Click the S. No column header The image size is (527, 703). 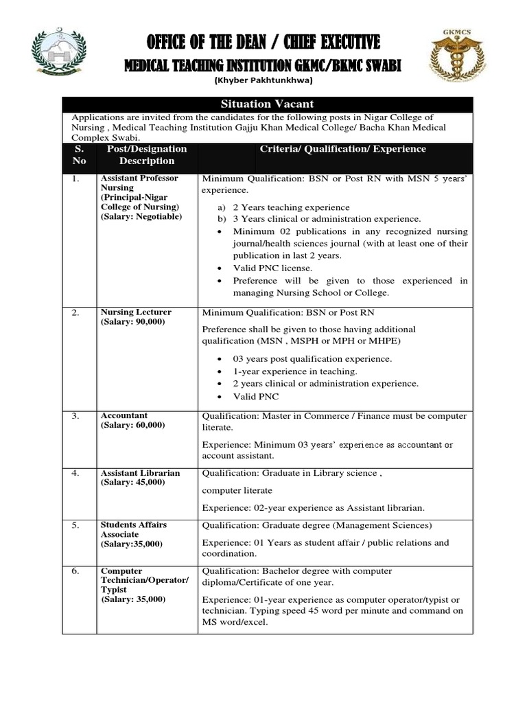tap(78, 154)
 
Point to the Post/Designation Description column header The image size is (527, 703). tap(147, 154)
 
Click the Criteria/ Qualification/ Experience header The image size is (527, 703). tap(342, 149)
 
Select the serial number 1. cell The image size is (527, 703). tap(76, 178)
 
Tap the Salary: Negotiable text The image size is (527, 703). tap(141, 217)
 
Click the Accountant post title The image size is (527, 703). tap(124, 415)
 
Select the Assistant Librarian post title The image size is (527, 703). tap(140, 473)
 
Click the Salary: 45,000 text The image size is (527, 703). tap(132, 483)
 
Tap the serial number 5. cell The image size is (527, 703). tap(76, 525)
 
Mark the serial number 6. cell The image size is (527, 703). tap(76, 571)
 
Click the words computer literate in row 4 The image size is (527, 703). tap(236, 490)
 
